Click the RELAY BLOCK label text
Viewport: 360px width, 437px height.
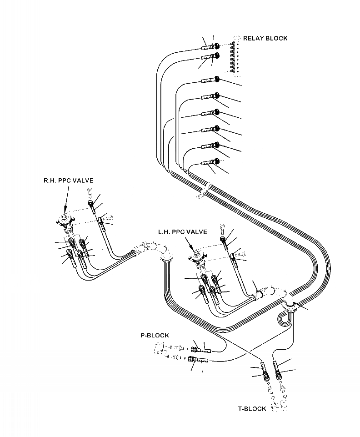click(265, 38)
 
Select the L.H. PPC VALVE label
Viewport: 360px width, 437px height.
click(182, 232)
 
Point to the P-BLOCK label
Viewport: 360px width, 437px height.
click(154, 335)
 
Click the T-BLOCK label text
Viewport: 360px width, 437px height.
click(252, 409)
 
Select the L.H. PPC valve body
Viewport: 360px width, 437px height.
click(196, 257)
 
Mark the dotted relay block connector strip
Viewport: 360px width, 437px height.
click(233, 57)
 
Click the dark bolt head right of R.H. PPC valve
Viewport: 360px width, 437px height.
click(91, 203)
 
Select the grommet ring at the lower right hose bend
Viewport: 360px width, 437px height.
click(290, 308)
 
